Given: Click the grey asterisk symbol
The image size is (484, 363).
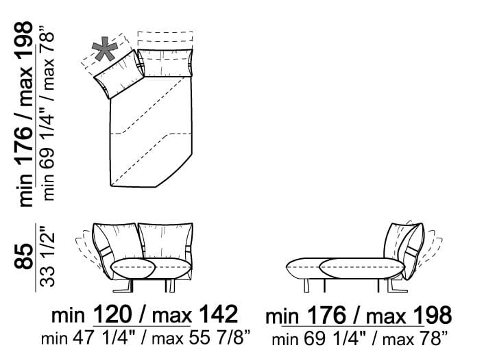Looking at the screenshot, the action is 105,49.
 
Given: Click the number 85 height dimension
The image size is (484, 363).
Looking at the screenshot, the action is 25,257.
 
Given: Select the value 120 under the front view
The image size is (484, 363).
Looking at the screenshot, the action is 112,314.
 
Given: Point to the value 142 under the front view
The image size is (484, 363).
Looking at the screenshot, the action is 219,314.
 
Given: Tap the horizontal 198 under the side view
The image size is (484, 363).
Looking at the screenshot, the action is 433,316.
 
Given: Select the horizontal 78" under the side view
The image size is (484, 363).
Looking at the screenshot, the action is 433,339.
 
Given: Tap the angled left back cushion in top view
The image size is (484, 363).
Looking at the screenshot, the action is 118,74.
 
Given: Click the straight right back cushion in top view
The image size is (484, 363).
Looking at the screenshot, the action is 165,62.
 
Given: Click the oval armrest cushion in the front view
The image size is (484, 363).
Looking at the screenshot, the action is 133,267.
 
